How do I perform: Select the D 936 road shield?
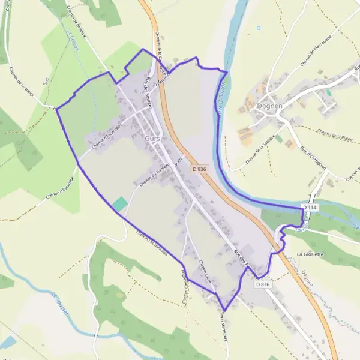point(200,169)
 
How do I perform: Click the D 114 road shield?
point(310,207)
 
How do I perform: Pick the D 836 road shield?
point(262,284)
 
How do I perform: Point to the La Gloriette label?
point(310,254)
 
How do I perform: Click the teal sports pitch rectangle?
point(120,203)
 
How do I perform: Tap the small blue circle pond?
point(259,28)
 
